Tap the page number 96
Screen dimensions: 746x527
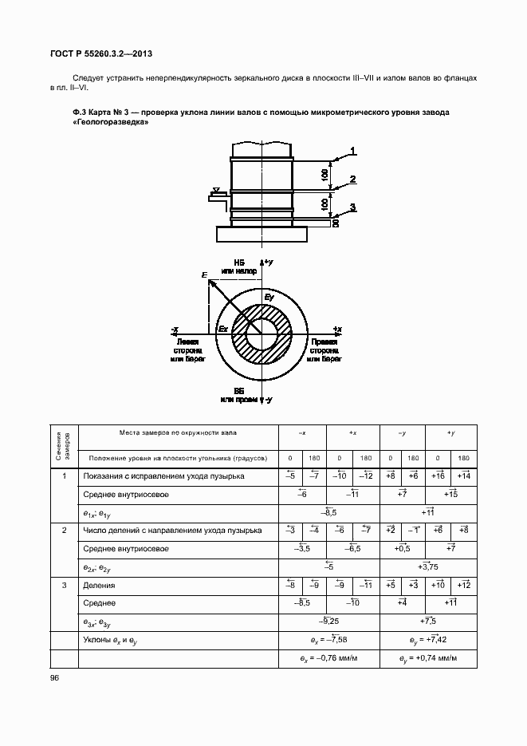click(x=54, y=677)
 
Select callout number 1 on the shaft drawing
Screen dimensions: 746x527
click(x=352, y=150)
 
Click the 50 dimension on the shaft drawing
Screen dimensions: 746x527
click(x=336, y=223)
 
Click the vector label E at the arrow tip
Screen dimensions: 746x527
click(x=205, y=275)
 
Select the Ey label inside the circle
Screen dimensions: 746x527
click(x=269, y=298)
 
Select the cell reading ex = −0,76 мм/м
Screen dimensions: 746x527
click(x=328, y=659)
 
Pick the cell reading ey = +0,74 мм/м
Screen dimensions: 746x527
click(x=429, y=659)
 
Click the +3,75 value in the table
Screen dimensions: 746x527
click(x=428, y=566)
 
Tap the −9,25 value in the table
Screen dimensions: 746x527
click(x=328, y=621)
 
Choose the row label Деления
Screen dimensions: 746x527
click(x=98, y=585)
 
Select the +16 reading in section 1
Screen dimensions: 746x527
click(x=437, y=476)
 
